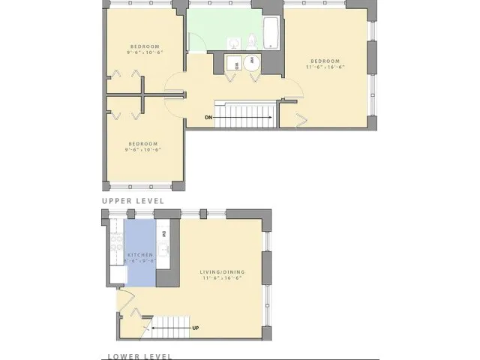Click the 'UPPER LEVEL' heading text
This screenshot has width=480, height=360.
pos(133,201)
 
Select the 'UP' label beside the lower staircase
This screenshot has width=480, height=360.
pos(196,328)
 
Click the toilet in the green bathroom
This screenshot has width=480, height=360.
pos(253,40)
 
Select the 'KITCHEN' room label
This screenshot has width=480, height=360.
pos(140,255)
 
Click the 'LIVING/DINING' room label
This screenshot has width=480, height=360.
pos(224,271)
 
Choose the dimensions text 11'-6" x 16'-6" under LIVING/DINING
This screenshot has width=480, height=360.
pos(224,278)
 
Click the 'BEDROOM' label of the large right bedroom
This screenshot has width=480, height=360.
pos(325,60)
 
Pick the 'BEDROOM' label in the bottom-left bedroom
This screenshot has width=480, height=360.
pos(142,143)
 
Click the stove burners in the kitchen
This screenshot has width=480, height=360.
pos(116,241)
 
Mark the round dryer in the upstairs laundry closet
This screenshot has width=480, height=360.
pos(250,64)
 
